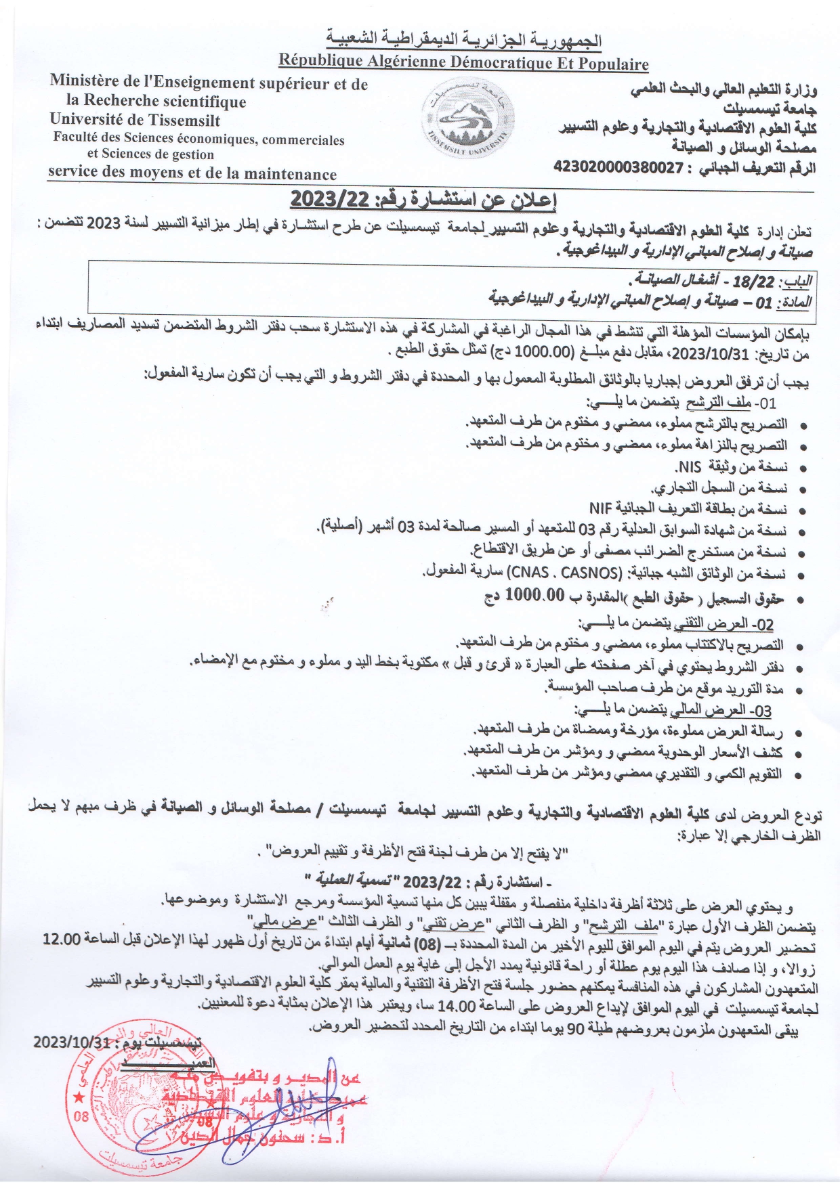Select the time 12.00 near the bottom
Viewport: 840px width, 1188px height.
tap(62, 940)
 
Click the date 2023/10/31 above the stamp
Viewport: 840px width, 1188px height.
tap(71, 1042)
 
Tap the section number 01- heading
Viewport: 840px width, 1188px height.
tap(766, 405)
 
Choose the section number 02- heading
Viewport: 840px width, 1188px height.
tap(763, 624)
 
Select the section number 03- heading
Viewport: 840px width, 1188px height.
tap(762, 711)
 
